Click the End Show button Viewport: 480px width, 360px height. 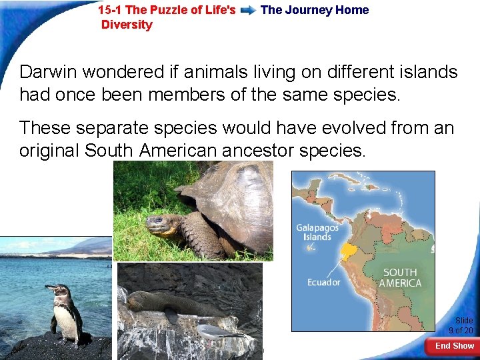pos(454,346)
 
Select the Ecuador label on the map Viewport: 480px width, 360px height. pos(323,282)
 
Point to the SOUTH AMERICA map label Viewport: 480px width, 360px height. pos(400,278)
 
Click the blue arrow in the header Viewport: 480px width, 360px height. pos(248,11)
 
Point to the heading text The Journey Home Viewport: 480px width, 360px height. pos(315,10)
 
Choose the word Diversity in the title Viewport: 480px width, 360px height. pos(127,25)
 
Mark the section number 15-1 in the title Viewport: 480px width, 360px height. pos(109,10)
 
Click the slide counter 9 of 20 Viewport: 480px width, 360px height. pos(461,326)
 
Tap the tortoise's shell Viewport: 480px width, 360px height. pos(233,200)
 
